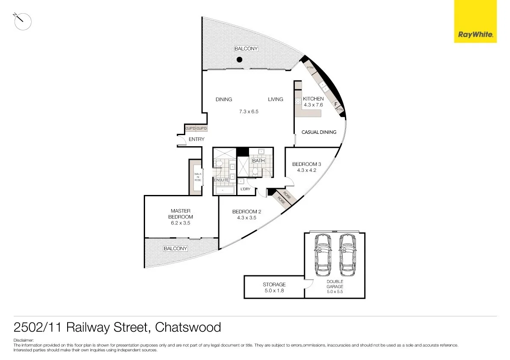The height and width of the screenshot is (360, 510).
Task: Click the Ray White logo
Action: click(475, 21)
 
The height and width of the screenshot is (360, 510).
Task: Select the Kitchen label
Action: click(313, 99)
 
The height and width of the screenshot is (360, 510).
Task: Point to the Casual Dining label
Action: click(319, 132)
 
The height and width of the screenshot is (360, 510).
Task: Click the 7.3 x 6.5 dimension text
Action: click(249, 112)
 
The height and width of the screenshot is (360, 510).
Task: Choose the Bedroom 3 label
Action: click(306, 164)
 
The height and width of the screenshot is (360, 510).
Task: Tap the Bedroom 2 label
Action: click(246, 212)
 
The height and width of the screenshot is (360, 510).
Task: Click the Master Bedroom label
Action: click(180, 214)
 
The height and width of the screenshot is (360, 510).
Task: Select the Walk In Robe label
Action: click(198, 177)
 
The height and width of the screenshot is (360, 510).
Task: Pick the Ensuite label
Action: click(221, 180)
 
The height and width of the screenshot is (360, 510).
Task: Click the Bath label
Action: click(258, 161)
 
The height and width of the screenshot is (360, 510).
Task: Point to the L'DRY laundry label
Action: click(245, 189)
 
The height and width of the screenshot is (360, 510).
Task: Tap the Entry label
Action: click(196, 139)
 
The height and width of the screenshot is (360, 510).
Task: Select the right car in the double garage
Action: click(348, 255)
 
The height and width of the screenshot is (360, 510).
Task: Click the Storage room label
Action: click(274, 284)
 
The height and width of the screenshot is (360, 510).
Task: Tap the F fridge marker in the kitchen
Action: click(336, 104)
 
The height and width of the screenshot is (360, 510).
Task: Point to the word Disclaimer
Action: click(23, 340)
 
